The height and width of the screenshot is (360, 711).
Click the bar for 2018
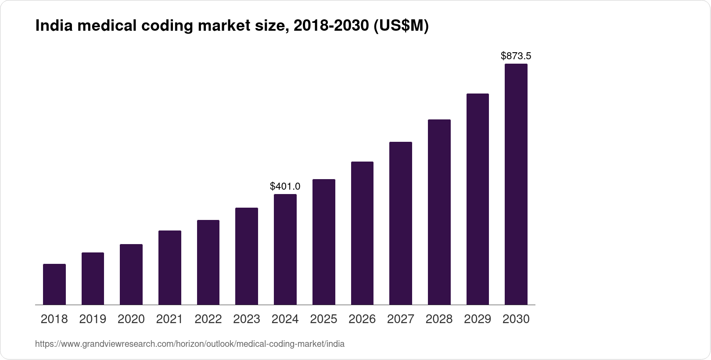coord(54,284)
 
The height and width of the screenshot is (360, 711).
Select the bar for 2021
coord(170,267)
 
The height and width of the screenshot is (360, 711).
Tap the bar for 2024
coord(285,249)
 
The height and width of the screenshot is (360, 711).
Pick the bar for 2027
coord(401,223)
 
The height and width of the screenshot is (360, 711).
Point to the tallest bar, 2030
coord(516,184)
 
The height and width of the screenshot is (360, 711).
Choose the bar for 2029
coord(478,199)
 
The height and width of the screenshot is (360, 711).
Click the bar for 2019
coord(93,278)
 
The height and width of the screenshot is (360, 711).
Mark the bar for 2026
coord(362,233)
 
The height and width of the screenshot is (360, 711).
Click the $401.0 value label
coord(285,186)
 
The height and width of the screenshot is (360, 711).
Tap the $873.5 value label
coord(516,56)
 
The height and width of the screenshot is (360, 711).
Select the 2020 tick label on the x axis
coord(131,319)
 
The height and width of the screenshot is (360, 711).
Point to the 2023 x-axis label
coord(247,319)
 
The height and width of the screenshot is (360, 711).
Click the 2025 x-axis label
coord(323,319)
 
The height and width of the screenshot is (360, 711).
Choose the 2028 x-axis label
coord(439,319)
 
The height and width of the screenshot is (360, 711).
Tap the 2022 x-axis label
coord(208,319)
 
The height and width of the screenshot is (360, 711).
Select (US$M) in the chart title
coord(400,26)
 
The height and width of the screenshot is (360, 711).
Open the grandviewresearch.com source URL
coord(190,344)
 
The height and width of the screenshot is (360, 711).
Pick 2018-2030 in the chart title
coord(331,26)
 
